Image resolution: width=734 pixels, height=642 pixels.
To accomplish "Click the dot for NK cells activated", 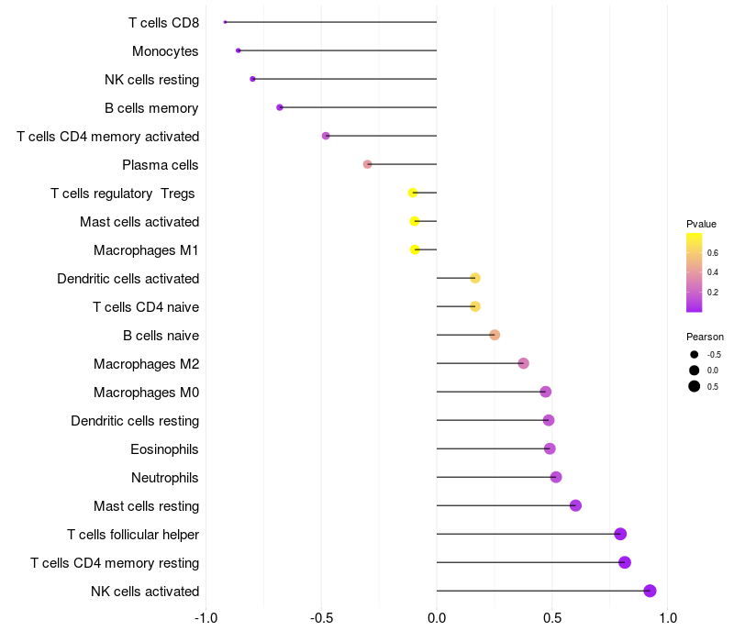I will [650, 591].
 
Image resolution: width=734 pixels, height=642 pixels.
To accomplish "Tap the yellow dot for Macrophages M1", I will [416, 249].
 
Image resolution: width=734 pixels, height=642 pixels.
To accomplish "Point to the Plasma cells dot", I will [368, 164].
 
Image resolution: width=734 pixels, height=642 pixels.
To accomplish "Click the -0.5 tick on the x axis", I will [321, 618].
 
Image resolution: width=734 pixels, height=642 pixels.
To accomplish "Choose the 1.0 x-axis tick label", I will [667, 618].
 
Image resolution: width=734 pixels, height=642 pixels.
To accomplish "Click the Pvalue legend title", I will [701, 224].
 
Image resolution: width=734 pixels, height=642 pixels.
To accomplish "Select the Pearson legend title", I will [705, 337].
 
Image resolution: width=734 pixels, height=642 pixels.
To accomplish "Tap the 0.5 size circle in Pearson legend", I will [695, 386].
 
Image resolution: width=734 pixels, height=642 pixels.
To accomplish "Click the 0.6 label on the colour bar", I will [713, 252].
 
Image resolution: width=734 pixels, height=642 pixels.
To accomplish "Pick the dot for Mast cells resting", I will [575, 505].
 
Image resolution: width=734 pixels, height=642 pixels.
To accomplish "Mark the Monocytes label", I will [165, 50].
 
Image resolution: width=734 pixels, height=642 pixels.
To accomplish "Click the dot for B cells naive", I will [495, 335].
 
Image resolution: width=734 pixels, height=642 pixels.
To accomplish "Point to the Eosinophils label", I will [165, 449].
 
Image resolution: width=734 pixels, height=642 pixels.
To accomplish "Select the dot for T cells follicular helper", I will [620, 534].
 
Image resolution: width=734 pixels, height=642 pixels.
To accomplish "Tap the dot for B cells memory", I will [280, 107].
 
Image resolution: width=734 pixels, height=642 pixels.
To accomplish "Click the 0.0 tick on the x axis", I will [437, 618].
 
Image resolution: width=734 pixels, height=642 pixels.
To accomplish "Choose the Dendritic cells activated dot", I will [475, 278].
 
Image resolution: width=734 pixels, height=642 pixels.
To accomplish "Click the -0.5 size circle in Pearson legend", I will [695, 355].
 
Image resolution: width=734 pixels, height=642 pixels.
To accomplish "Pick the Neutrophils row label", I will [165, 478].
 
